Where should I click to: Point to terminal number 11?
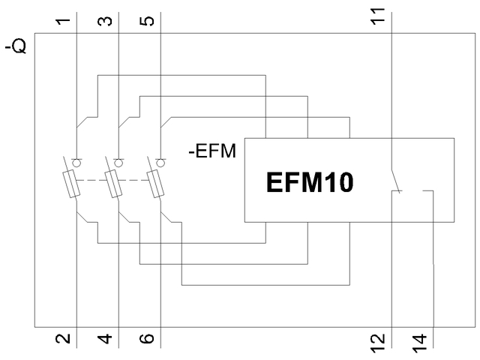click(x=383, y=16)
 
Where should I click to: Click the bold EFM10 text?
click(x=309, y=183)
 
